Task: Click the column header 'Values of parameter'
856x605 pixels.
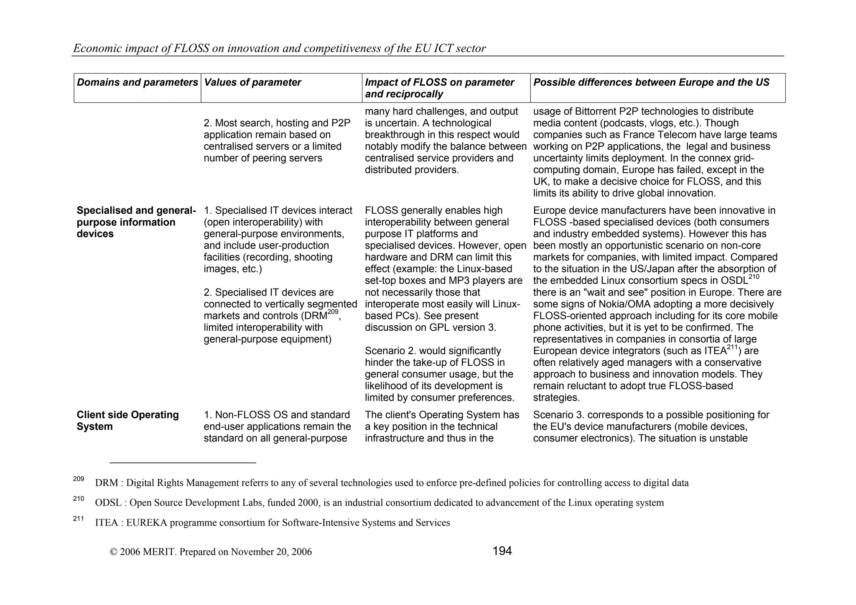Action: (252, 82)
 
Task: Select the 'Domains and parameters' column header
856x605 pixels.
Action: (137, 82)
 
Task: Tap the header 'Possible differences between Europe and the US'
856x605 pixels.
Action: (651, 82)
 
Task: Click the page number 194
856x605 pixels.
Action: (502, 551)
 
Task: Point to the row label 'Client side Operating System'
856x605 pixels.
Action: (127, 421)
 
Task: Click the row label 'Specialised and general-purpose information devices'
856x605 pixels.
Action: (136, 222)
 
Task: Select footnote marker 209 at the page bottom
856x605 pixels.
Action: (79, 479)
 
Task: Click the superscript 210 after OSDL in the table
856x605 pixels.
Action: (754, 277)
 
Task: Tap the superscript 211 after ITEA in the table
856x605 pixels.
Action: (732, 347)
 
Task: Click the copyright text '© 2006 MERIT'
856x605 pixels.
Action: (142, 552)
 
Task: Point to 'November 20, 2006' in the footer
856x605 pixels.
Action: (271, 552)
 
